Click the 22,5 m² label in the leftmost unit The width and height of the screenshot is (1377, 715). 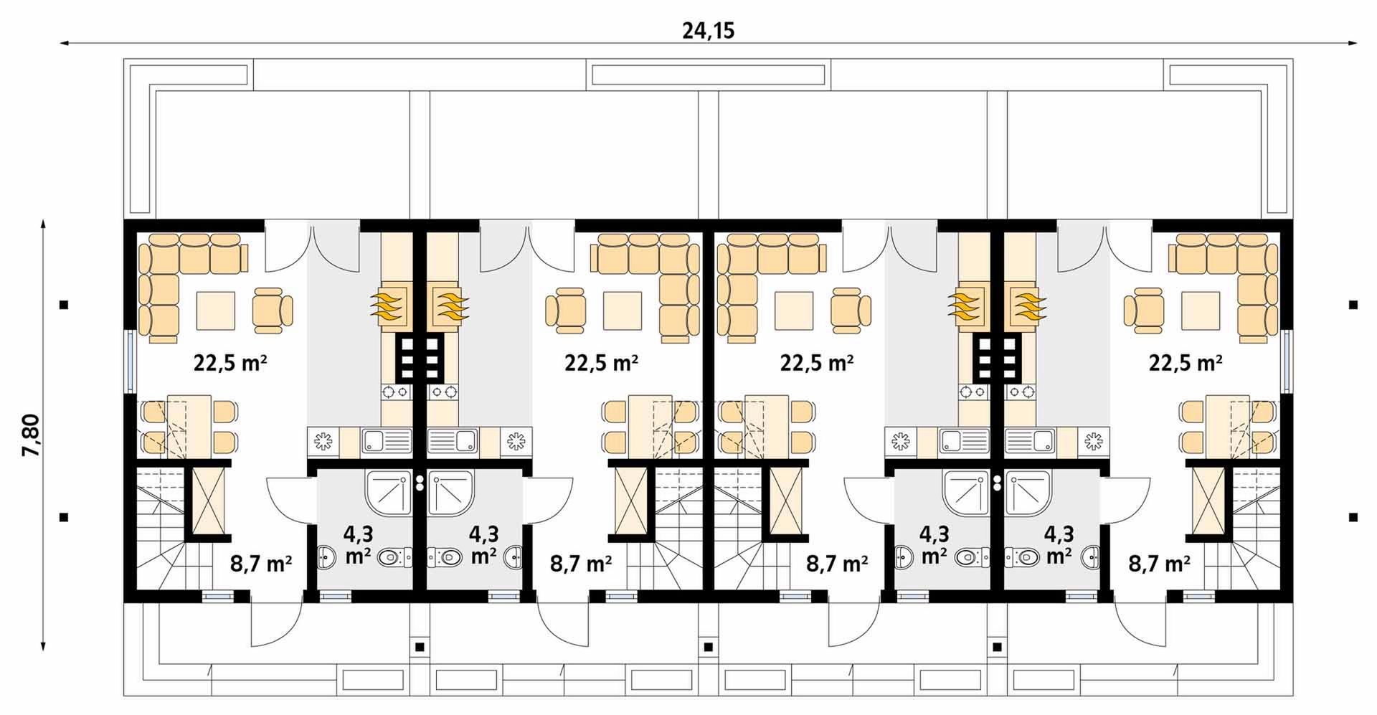pyautogui.click(x=230, y=363)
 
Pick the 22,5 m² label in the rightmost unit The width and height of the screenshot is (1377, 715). pyautogui.click(x=1186, y=363)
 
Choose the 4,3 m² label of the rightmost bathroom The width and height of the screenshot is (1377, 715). pyautogui.click(x=1059, y=544)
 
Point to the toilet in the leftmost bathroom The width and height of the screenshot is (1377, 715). pyautogui.click(x=395, y=556)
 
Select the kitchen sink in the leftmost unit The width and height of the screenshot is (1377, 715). pyautogui.click(x=387, y=440)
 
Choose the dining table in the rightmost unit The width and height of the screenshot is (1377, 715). pyautogui.click(x=1229, y=427)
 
